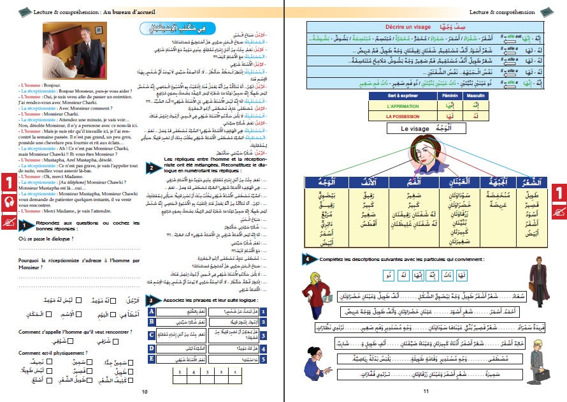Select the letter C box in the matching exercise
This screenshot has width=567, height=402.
point(152,334)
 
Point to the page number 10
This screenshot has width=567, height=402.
point(145,392)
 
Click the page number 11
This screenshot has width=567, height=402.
point(426,392)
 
